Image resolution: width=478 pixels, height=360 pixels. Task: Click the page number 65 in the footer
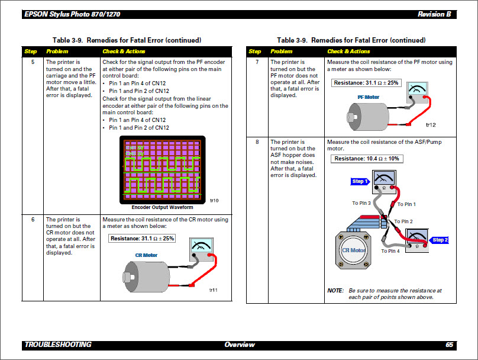tap(449, 345)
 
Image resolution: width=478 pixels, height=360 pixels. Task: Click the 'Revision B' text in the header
tap(434, 14)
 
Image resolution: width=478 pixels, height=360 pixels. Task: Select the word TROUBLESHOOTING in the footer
tap(58, 345)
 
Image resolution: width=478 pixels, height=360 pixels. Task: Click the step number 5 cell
tap(33, 62)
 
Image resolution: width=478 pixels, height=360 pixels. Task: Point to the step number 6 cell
tap(33, 220)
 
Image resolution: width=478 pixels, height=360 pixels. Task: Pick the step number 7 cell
tap(257, 62)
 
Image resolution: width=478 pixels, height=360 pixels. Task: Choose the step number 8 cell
tap(257, 142)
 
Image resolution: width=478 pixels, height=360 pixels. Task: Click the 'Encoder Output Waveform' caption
tap(162, 207)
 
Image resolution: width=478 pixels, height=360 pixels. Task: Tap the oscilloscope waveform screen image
tap(163, 169)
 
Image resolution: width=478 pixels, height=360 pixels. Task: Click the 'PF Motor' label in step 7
tap(369, 97)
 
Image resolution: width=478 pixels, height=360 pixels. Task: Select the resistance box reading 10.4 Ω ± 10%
tap(367, 159)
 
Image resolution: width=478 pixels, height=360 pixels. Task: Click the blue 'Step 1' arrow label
tap(360, 181)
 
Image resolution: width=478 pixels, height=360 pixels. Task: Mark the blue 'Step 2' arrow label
tap(440, 240)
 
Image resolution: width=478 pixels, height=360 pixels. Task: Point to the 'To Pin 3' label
tap(361, 203)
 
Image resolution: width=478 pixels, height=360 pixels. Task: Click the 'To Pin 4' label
tap(390, 251)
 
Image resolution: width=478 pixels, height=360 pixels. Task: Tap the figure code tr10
tap(214, 201)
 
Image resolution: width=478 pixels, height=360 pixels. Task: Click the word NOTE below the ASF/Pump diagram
tap(335, 291)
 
